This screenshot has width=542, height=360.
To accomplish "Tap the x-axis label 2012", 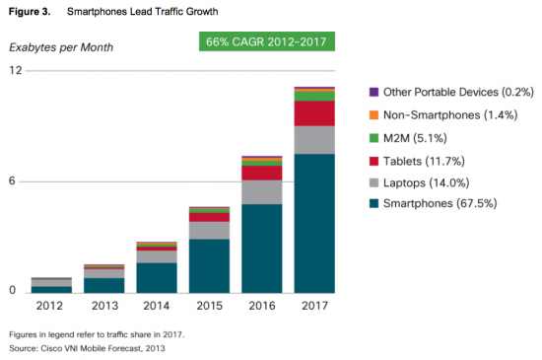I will click(50, 306).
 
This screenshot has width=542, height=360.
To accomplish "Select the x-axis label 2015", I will click(209, 306).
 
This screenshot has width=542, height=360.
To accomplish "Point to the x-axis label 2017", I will click(314, 306).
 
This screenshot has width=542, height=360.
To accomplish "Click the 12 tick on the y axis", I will click(16, 71).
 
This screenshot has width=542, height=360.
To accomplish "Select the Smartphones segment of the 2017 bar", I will click(314, 222).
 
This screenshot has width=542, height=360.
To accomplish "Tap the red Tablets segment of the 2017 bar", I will click(314, 113).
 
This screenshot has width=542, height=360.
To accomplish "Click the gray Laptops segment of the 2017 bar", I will click(314, 139).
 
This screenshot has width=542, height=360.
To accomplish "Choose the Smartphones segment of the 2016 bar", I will click(261, 248).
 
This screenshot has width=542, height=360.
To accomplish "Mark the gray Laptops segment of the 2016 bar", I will click(261, 191).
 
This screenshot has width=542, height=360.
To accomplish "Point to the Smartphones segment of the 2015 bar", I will click(209, 264).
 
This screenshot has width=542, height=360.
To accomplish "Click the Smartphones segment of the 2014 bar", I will click(156, 276).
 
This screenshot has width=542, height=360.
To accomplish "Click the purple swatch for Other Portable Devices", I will click(373, 92).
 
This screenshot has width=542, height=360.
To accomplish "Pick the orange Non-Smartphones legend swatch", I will click(373, 114).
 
